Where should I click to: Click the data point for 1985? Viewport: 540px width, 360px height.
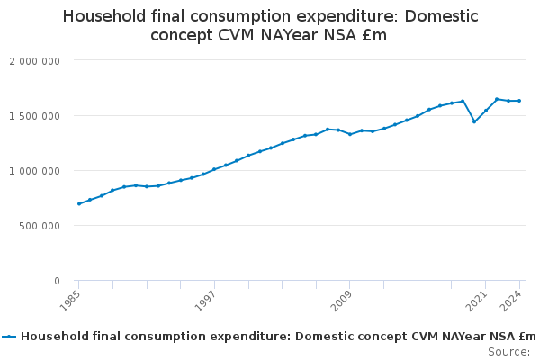pyautogui.click(x=78, y=203)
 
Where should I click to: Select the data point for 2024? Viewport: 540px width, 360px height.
pyautogui.click(x=519, y=101)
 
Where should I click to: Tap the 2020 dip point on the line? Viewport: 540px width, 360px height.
pyautogui.click(x=474, y=121)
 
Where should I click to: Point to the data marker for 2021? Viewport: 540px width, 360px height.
pyautogui.click(x=486, y=111)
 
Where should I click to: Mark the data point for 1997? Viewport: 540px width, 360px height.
pyautogui.click(x=214, y=169)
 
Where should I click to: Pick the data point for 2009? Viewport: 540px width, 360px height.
pyautogui.click(x=350, y=134)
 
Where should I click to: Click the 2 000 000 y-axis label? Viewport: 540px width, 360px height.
pyautogui.click(x=34, y=61)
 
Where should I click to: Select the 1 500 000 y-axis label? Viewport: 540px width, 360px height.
pyautogui.click(x=34, y=116)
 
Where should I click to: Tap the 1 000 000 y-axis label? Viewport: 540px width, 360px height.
pyautogui.click(x=34, y=171)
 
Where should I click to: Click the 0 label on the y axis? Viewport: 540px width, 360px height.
pyautogui.click(x=56, y=281)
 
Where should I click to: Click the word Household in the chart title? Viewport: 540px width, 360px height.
pyautogui.click(x=103, y=16)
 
